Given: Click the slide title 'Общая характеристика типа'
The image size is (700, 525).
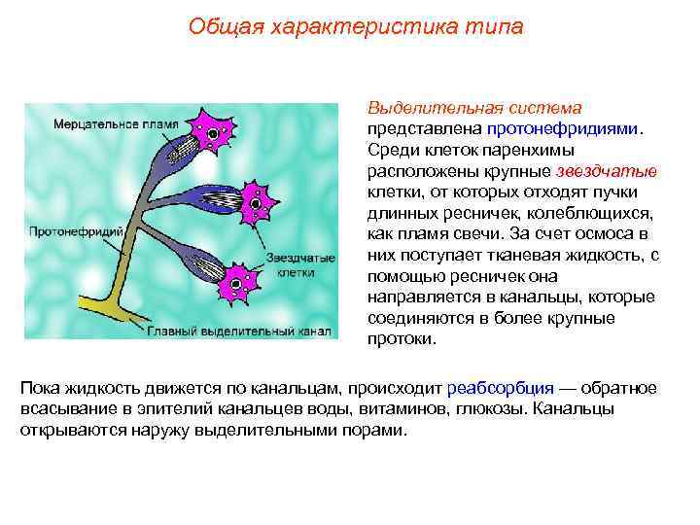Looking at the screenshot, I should [x=356, y=26].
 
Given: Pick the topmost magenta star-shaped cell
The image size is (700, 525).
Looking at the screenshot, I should [x=213, y=128].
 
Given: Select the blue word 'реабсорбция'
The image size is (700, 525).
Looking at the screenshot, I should [x=499, y=388].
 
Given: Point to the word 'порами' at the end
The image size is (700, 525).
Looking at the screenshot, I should [x=377, y=430].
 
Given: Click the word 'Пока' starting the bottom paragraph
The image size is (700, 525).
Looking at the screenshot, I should [x=40, y=388].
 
